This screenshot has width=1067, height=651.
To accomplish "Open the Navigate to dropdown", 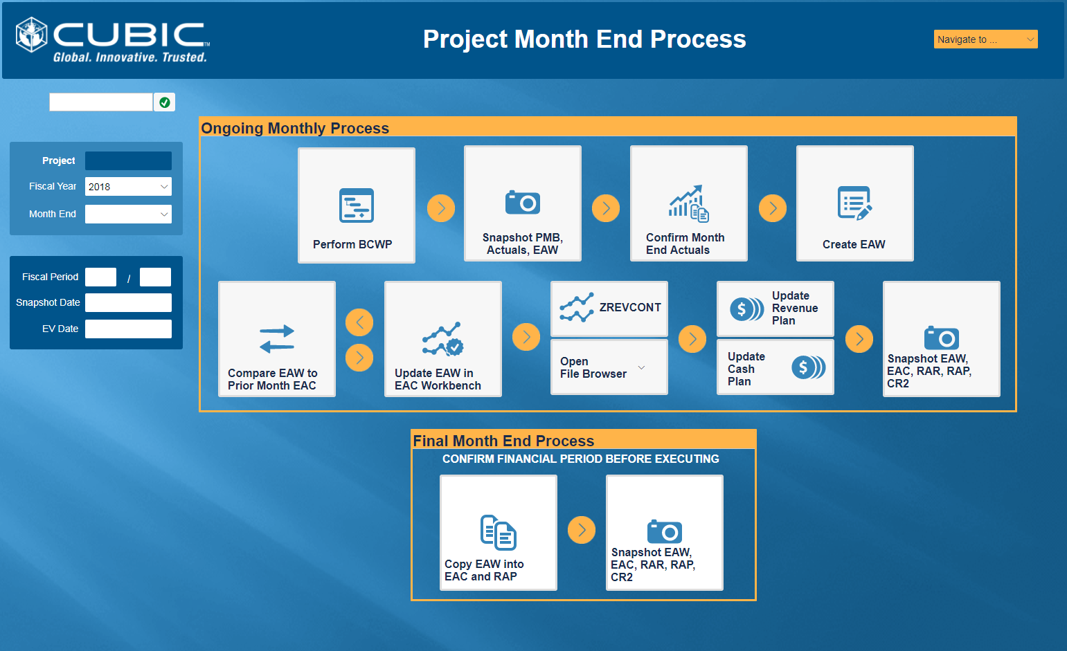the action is tap(985, 39).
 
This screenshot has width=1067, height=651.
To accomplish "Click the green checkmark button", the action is tap(165, 102).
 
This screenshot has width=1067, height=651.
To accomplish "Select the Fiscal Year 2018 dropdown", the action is tap(128, 187).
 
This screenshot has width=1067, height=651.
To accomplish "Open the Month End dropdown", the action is tap(128, 214).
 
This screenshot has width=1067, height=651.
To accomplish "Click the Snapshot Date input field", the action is tap(128, 302).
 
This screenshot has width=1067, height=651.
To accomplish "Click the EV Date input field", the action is tap(128, 329).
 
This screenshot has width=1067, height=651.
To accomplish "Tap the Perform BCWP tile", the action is tap(357, 205).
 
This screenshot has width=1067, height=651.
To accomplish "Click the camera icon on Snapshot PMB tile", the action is tap(523, 203).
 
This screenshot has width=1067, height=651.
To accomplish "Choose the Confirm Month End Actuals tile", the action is tap(689, 203).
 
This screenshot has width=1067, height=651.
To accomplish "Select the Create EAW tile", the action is tap(855, 203).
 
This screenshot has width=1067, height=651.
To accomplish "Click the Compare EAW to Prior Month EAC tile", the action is tap(277, 339).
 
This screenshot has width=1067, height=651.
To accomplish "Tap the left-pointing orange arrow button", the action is tap(359, 322).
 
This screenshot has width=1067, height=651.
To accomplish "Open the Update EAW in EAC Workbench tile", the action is tap(443, 339).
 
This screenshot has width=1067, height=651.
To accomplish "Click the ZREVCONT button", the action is tap(609, 309).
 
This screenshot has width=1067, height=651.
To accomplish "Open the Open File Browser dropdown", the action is tap(609, 367).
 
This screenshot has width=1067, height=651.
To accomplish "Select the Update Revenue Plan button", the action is tap(775, 309).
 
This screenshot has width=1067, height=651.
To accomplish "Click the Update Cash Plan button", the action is tap(775, 367).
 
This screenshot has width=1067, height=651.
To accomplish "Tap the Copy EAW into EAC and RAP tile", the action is tap(499, 533).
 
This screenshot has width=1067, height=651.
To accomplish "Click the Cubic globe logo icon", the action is tap(31, 35).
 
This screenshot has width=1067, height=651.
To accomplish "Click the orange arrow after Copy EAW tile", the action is tap(582, 530).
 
